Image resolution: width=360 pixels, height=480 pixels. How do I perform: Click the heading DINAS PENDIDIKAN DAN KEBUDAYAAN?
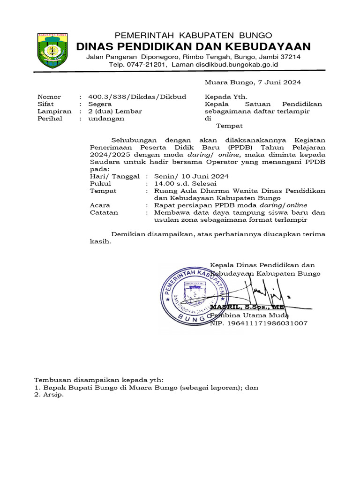coord(193,46)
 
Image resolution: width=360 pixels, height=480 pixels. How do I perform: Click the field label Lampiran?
coord(54,112)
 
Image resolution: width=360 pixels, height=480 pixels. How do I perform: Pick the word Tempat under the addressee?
coord(229,126)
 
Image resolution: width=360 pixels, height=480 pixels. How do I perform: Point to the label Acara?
coord(100,205)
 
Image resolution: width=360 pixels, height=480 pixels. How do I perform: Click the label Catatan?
coord(104,212)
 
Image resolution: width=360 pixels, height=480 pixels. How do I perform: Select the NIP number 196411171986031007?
coord(259,323)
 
